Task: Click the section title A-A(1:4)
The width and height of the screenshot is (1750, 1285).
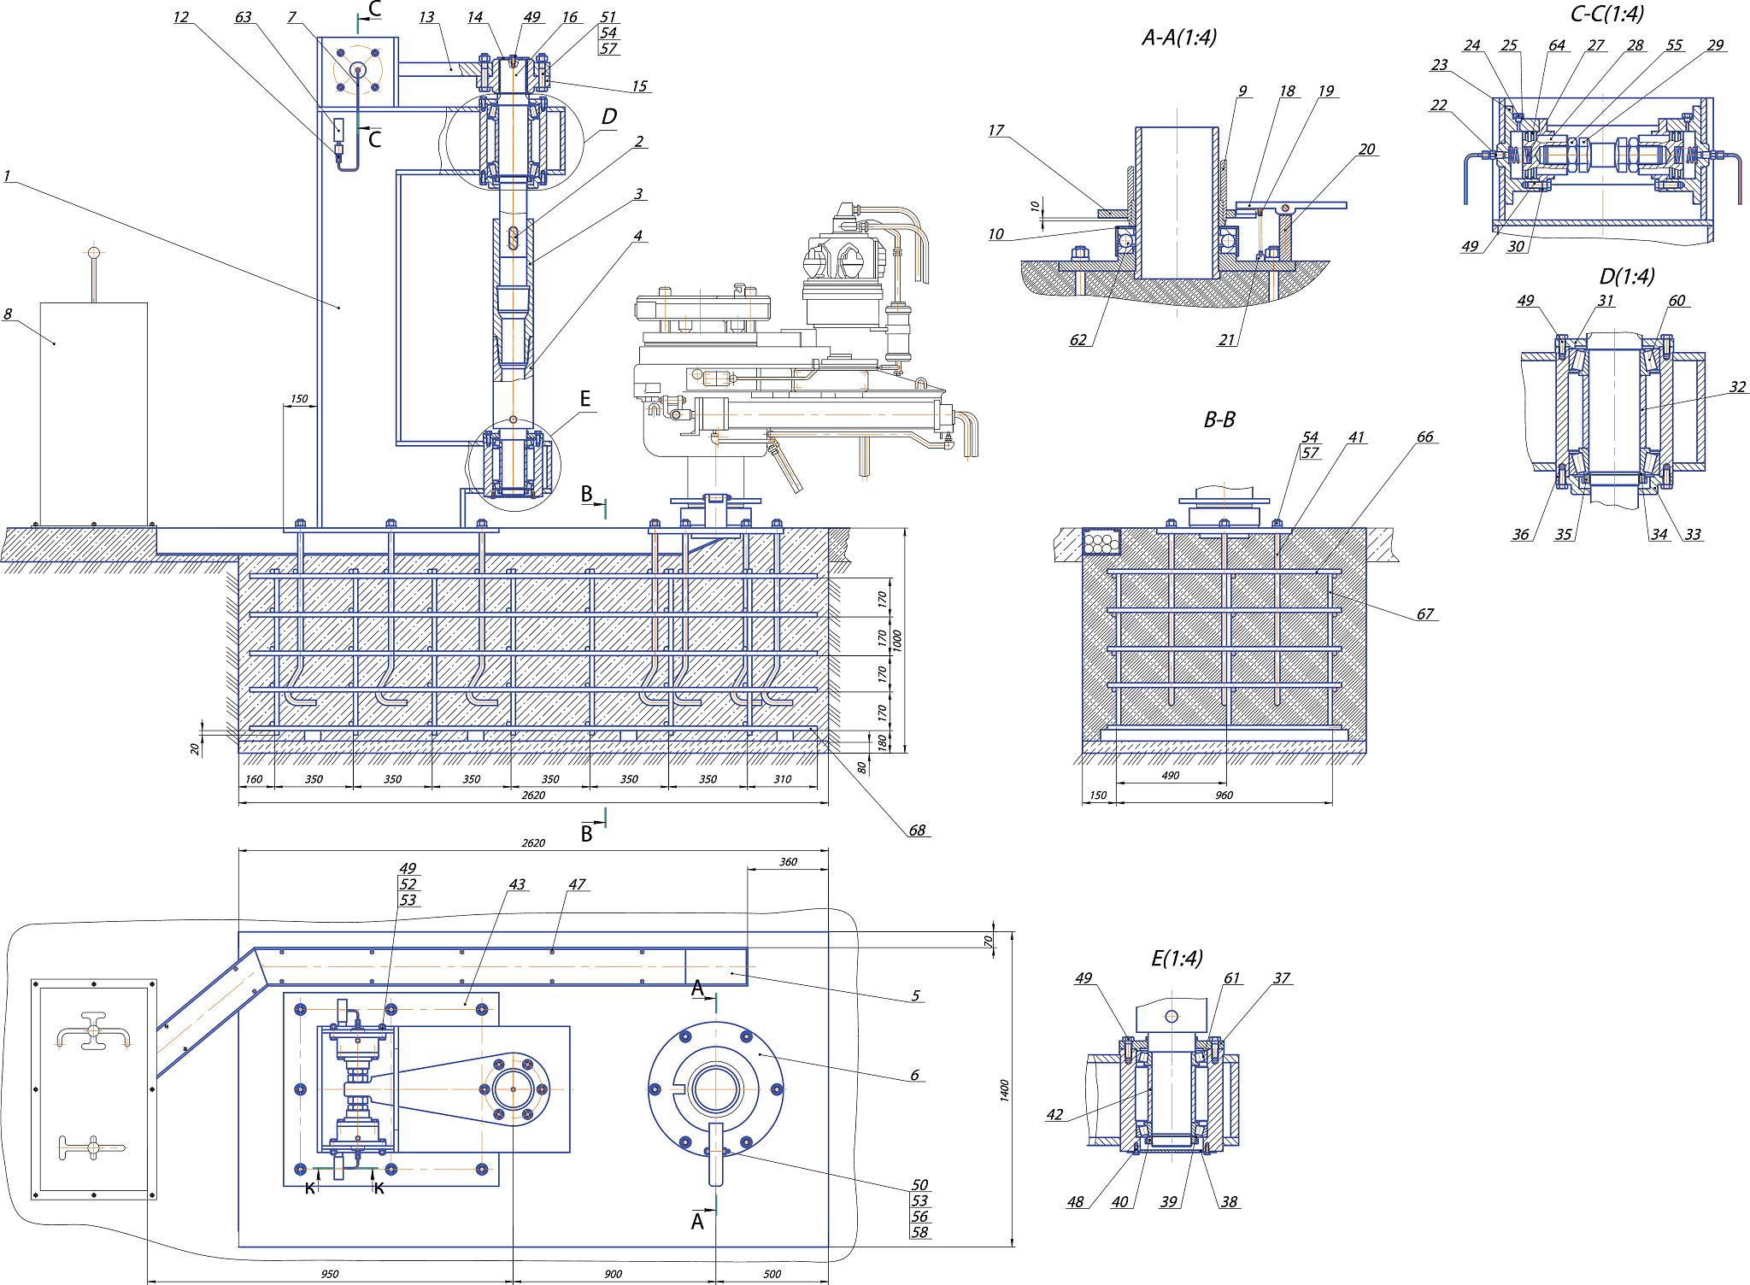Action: (x=1179, y=38)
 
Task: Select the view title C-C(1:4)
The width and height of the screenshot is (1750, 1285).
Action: (x=1606, y=14)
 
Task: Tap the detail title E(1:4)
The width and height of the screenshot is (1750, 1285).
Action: (x=1177, y=958)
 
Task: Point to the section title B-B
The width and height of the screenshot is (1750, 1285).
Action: (x=1219, y=420)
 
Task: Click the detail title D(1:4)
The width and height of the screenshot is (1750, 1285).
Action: (x=1627, y=276)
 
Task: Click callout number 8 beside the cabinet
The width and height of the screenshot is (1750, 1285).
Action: (x=8, y=314)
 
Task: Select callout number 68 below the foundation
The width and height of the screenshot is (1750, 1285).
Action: (x=917, y=830)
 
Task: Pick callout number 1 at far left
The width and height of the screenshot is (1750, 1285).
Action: (x=7, y=176)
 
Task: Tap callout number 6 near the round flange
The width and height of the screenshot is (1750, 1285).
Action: (x=914, y=1075)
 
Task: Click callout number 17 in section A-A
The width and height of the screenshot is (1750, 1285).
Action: (x=995, y=130)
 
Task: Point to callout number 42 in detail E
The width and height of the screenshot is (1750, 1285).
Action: (x=1054, y=1114)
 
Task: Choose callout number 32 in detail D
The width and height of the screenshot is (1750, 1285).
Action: (x=1737, y=386)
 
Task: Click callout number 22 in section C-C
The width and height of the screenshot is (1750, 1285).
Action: (x=1439, y=105)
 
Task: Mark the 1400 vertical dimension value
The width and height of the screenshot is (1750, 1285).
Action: (x=1004, y=1089)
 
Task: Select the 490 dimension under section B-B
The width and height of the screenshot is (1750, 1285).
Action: (x=1170, y=775)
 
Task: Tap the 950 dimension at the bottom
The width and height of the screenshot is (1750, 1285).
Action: (x=330, y=1274)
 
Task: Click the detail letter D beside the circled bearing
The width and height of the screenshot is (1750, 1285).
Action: (x=608, y=116)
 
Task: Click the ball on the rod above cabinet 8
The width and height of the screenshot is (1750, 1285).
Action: (x=94, y=253)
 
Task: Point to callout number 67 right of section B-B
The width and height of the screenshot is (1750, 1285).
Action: (x=1424, y=613)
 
